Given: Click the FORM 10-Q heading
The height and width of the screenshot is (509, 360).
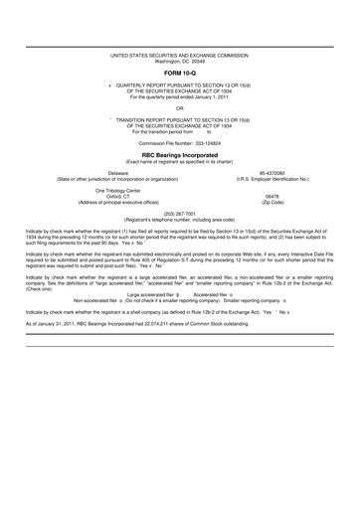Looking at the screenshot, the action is click(x=180, y=72).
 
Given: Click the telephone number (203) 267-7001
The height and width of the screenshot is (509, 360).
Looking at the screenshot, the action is click(x=180, y=213).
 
